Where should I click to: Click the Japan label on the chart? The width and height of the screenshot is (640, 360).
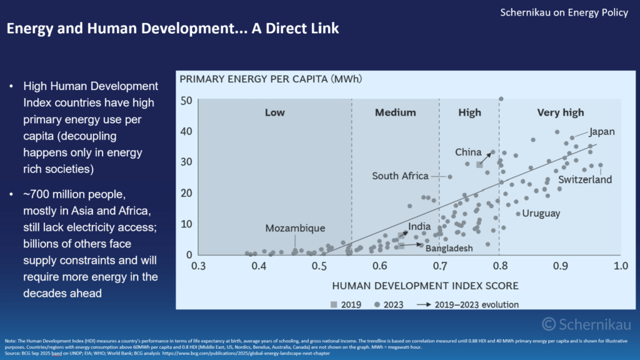point(602,132)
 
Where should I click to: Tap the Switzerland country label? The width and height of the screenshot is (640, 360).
point(584,180)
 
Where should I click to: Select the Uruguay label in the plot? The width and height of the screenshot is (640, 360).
point(541,213)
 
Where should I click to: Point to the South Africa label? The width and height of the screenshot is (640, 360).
point(400,176)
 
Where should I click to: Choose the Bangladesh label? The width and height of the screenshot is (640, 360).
point(449,248)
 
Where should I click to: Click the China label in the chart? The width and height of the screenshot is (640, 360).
point(468,152)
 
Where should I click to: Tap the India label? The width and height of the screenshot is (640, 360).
point(419,227)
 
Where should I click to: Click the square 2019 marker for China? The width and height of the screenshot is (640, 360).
point(480,164)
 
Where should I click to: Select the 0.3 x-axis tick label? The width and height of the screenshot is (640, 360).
point(199,266)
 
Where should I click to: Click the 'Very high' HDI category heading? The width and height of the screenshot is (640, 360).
point(561,112)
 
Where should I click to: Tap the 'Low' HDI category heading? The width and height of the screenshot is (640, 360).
point(274,112)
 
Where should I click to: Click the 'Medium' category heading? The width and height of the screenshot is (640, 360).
point(395,112)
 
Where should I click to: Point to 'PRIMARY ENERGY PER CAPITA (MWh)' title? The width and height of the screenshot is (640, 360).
point(271,79)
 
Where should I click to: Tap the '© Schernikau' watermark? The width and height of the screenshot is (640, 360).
point(586,324)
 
